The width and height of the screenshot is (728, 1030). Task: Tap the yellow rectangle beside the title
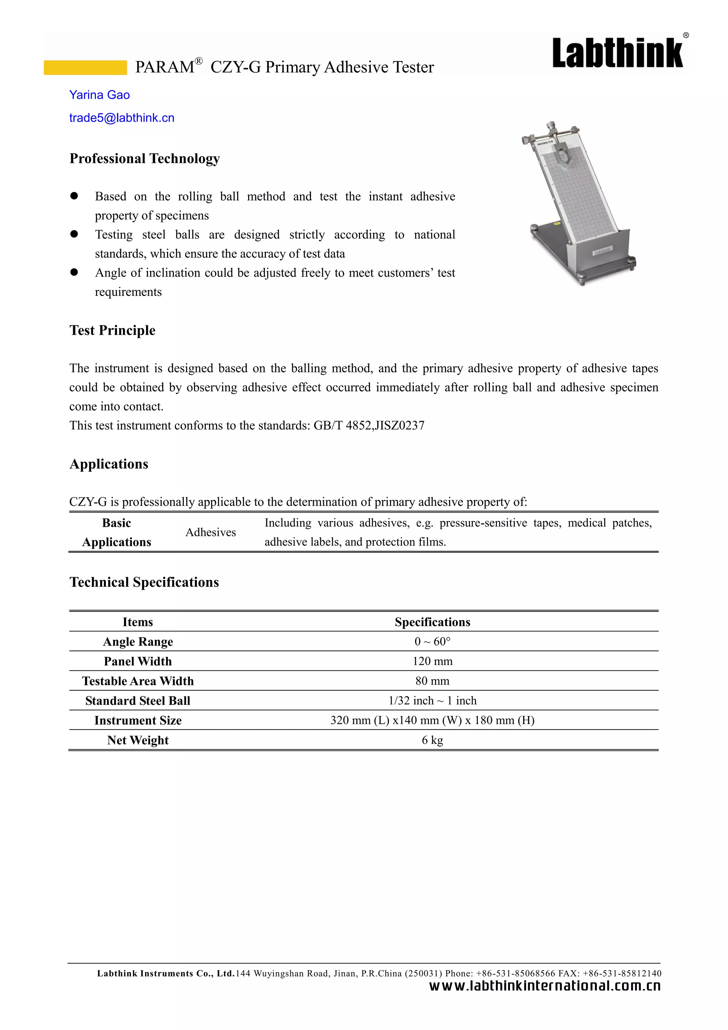85,67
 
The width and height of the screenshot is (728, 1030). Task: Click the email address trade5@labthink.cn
122,118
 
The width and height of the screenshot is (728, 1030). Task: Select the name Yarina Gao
100,95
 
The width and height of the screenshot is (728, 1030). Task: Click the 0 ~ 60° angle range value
432,642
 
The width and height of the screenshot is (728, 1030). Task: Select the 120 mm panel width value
432,661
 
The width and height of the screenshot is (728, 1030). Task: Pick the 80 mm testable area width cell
432,681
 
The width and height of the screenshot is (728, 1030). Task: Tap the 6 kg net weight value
432,740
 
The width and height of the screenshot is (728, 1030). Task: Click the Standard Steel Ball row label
138,701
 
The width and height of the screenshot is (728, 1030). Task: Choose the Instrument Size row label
138,721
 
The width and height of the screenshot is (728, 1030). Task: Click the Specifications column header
432,622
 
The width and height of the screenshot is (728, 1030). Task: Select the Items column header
138,622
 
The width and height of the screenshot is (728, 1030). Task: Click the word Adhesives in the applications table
211,532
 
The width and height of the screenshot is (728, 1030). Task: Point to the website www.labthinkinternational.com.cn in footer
545,986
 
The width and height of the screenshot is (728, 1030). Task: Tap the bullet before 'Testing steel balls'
74,234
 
